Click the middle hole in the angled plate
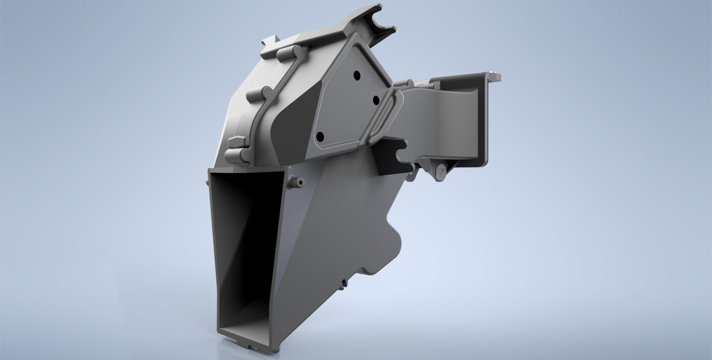pyautogui.click(x=375, y=100)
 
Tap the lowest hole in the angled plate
pyautogui.click(x=320, y=136)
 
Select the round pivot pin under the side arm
pyautogui.click(x=440, y=171)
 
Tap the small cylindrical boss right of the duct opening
pyautogui.click(x=297, y=183)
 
